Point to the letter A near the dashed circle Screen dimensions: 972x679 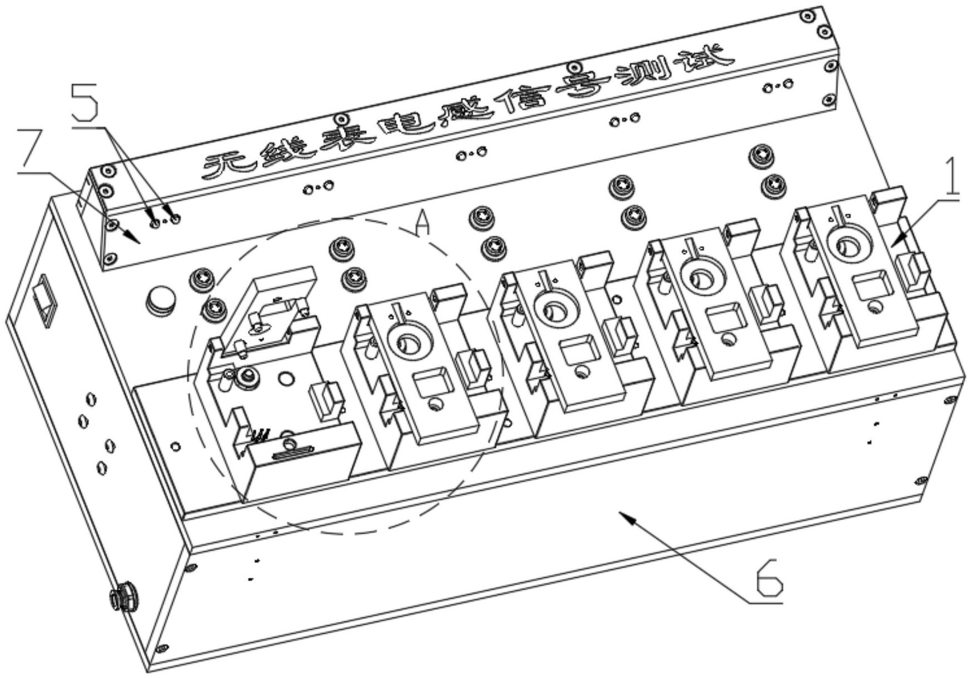click(x=423, y=224)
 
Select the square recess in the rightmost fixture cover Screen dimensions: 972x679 click(x=869, y=283)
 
